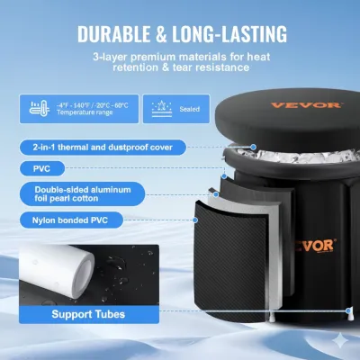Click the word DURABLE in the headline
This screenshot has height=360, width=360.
point(116,34)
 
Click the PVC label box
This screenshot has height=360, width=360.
point(43,166)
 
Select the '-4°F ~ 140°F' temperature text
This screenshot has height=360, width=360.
point(70,103)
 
